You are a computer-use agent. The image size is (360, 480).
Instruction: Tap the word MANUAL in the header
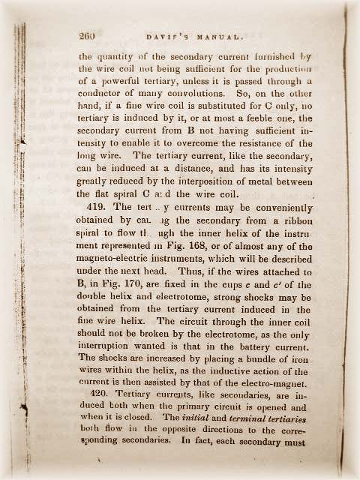[215, 36]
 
